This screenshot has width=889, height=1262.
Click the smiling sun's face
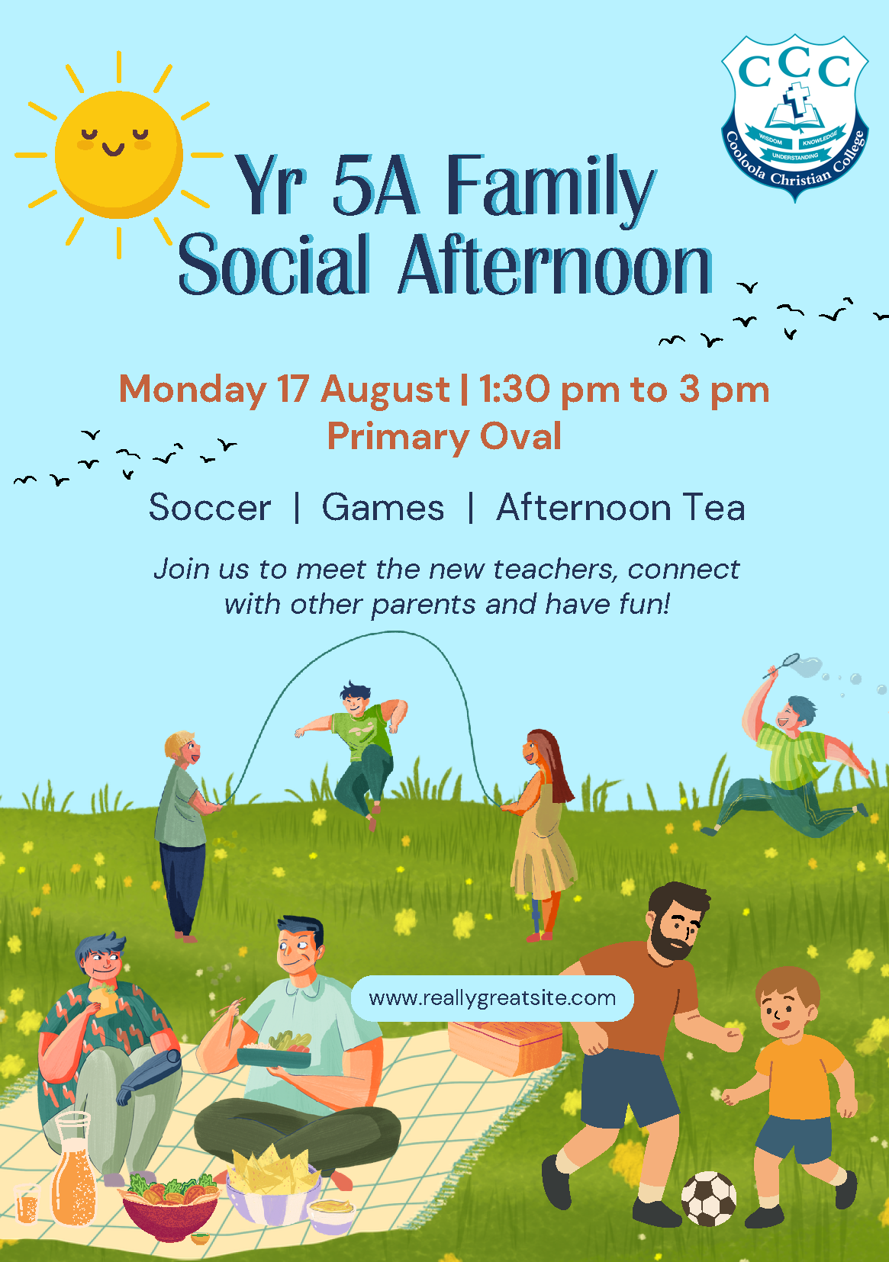[x=118, y=154]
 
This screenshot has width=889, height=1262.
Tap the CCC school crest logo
[x=795, y=117]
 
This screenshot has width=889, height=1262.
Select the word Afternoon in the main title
[x=555, y=265]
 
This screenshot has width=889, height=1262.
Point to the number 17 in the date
[x=292, y=389]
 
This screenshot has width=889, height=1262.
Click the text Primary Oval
[x=444, y=436]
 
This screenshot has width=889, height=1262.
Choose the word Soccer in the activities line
[x=210, y=508]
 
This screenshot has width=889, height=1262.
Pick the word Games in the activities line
[x=383, y=508]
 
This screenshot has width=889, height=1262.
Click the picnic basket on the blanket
[x=504, y=1045]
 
